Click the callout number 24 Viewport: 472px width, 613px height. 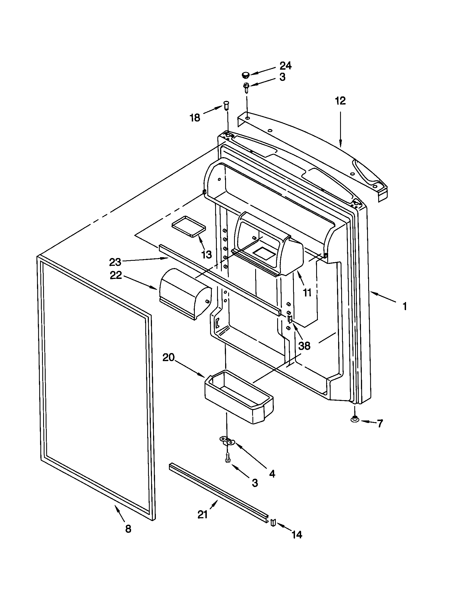[286, 66]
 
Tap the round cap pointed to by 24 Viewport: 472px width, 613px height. [245, 75]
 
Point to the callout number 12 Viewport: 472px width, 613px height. [340, 101]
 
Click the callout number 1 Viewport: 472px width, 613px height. [404, 306]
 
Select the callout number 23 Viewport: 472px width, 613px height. [115, 262]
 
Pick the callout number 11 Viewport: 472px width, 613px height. [307, 293]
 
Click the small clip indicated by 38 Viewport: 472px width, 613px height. [290, 319]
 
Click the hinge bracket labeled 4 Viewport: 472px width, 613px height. [227, 440]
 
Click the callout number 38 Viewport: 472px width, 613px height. [304, 346]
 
